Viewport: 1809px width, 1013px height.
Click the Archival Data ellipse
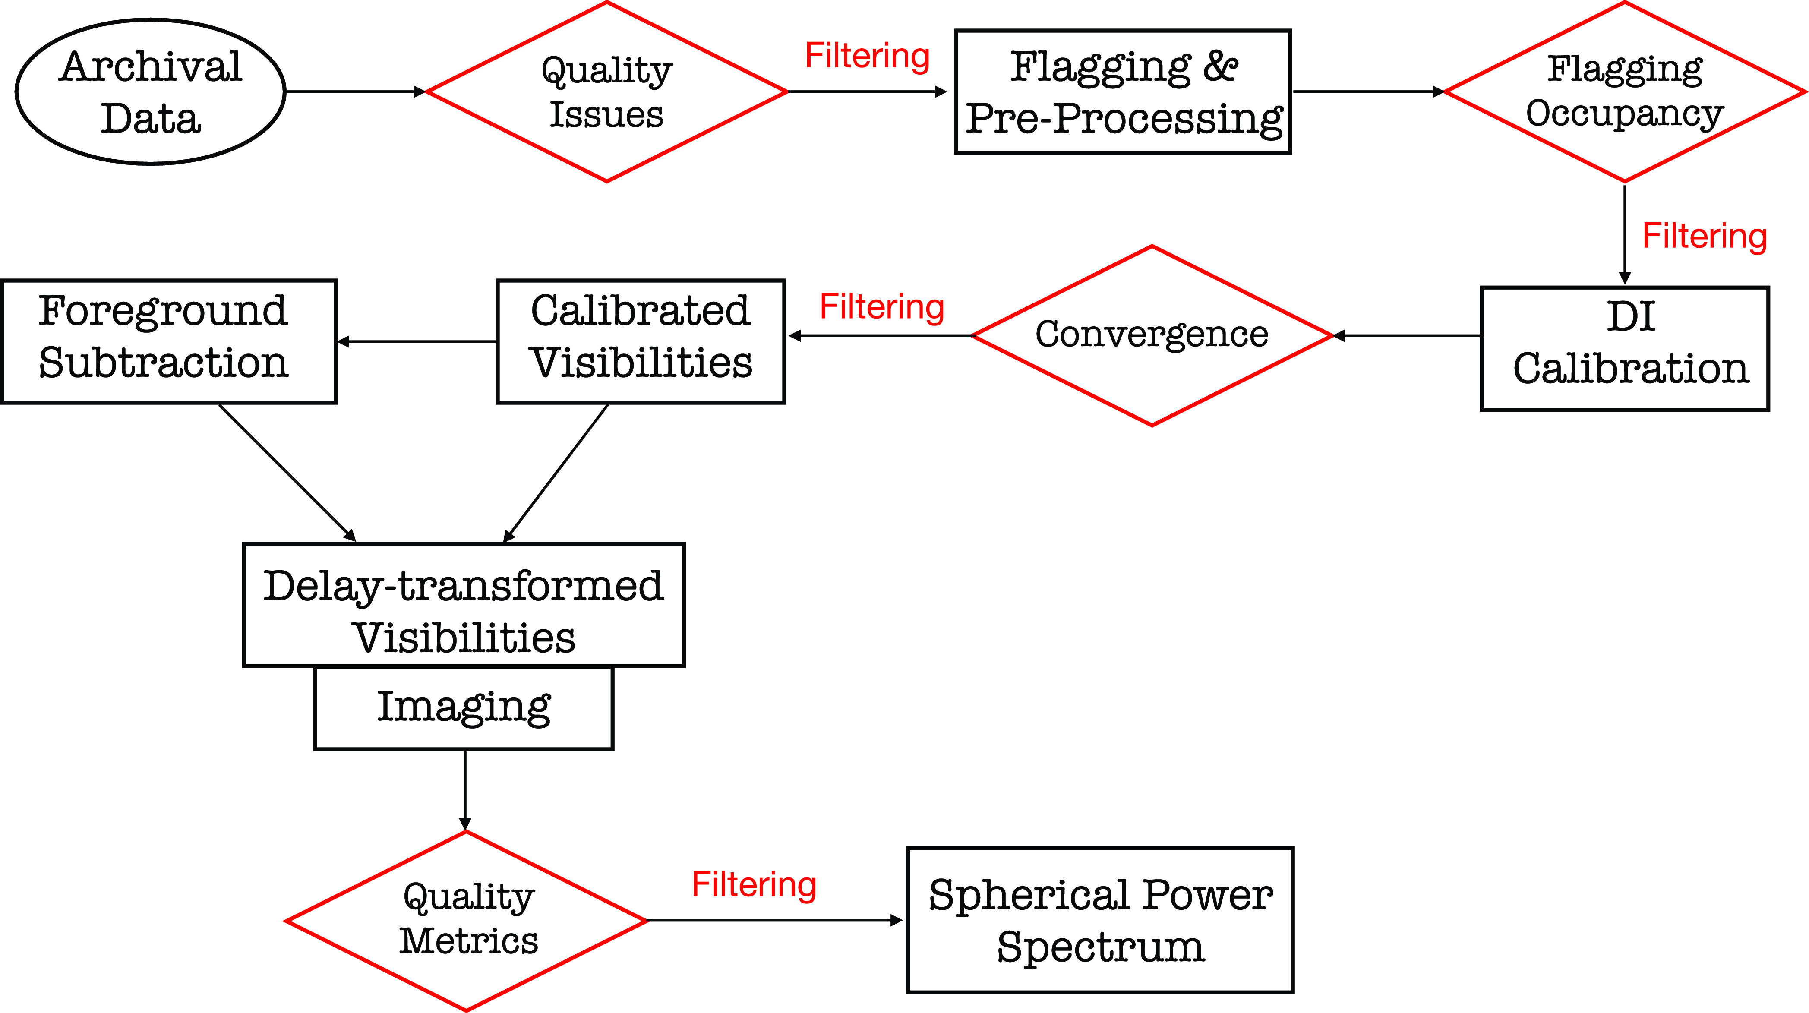[150, 92]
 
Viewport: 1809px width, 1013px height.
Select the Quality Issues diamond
[607, 92]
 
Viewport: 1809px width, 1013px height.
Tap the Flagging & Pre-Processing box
[1123, 92]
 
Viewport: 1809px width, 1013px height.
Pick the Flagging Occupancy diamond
[1624, 92]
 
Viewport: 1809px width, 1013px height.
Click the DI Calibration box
[1624, 348]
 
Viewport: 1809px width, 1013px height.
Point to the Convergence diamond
[1152, 335]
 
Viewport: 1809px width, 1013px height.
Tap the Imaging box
[464, 707]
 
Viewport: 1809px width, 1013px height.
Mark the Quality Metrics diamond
[466, 920]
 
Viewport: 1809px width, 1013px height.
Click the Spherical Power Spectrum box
[1100, 920]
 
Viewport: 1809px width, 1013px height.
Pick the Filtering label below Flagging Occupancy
[1705, 237]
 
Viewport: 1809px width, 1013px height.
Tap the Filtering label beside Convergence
[882, 307]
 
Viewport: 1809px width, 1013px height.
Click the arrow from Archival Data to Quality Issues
[355, 92]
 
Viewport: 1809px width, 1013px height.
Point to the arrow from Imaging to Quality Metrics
[465, 790]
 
